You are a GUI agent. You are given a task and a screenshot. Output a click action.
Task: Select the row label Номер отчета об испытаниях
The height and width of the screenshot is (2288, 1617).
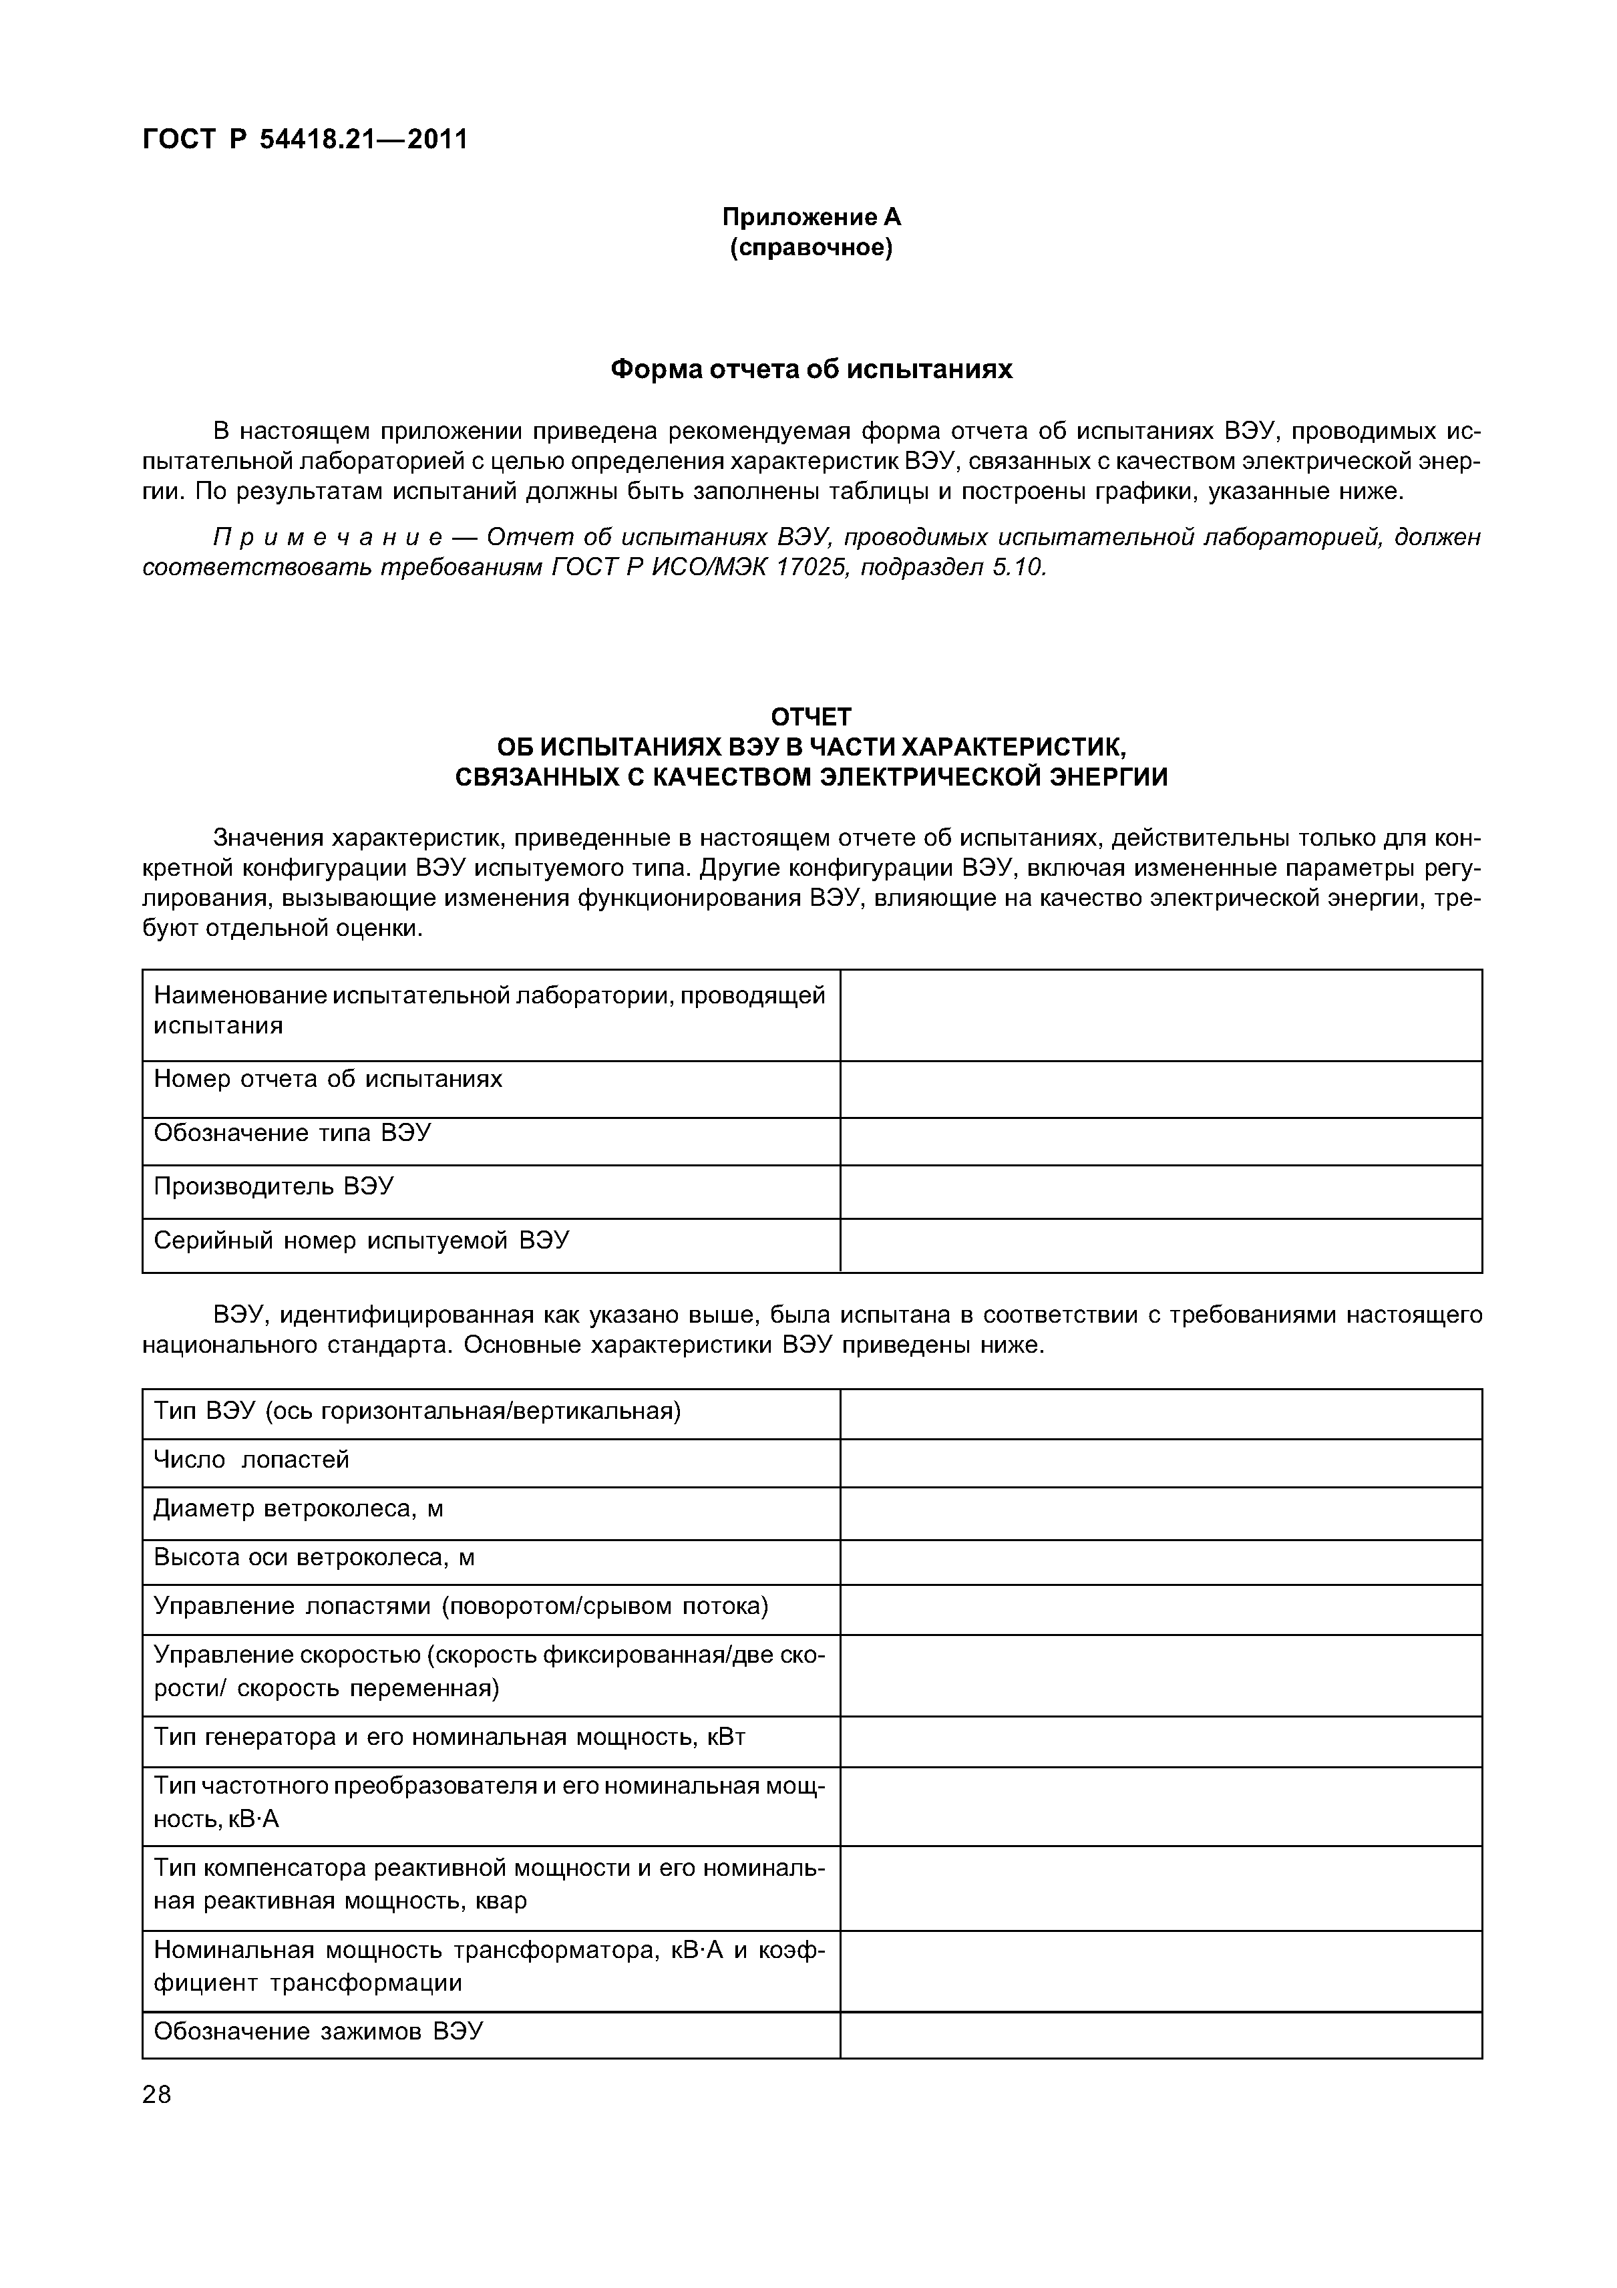pyautogui.click(x=328, y=1080)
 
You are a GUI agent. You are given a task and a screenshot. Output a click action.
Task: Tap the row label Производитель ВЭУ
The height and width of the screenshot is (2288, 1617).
pyautogui.click(x=273, y=1187)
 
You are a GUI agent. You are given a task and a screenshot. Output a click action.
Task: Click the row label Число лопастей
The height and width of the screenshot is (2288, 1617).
pyautogui.click(x=251, y=1460)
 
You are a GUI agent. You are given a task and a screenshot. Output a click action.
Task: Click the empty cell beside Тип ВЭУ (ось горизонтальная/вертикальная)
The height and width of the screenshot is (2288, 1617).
pyautogui.click(x=1161, y=1413)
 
